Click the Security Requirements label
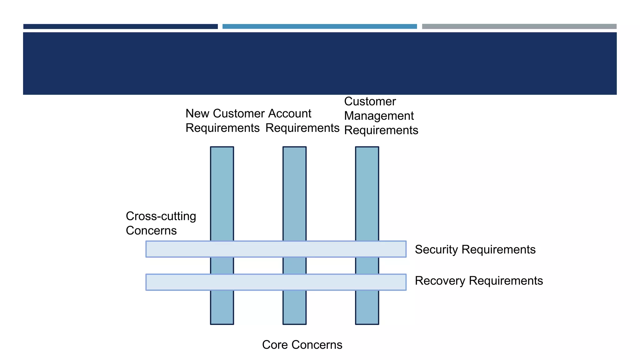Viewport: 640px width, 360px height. coord(475,249)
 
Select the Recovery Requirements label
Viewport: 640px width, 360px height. coord(479,281)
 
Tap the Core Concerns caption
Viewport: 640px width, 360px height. coord(302,345)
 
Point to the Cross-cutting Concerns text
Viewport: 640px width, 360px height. coord(161,223)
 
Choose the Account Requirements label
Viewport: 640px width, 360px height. coord(302,121)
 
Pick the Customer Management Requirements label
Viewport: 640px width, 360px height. coord(381,116)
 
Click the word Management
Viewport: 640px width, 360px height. coord(379,116)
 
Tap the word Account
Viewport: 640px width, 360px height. coord(289,113)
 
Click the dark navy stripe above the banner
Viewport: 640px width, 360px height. coord(120,27)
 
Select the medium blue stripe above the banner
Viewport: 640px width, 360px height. coord(319,27)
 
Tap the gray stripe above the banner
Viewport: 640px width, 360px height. coord(519,27)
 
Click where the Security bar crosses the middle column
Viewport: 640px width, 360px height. coord(294,249)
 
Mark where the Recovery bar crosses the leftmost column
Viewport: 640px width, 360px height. coord(222,282)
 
